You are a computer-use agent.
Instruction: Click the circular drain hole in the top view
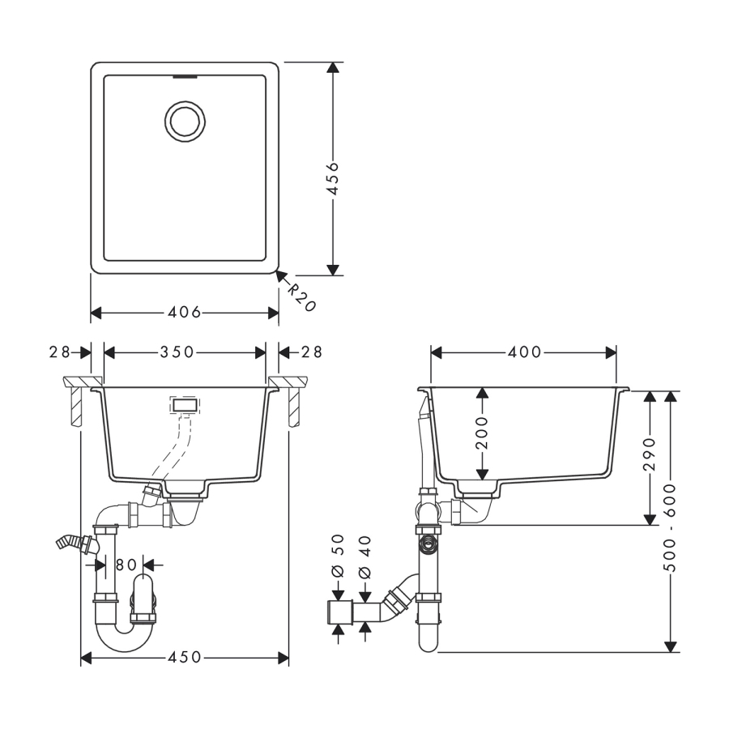(x=185, y=122)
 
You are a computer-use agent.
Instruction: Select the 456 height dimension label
(x=332, y=178)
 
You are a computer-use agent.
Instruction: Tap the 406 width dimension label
(x=184, y=313)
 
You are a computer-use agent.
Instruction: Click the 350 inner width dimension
(x=177, y=352)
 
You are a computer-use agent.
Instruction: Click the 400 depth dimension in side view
(x=524, y=352)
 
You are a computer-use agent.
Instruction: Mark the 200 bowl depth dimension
(x=483, y=433)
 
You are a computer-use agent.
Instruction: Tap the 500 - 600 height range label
(x=671, y=527)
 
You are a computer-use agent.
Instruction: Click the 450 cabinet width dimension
(x=185, y=658)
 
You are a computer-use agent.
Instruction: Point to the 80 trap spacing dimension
(x=126, y=565)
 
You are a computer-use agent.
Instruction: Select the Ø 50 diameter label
(x=339, y=556)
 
